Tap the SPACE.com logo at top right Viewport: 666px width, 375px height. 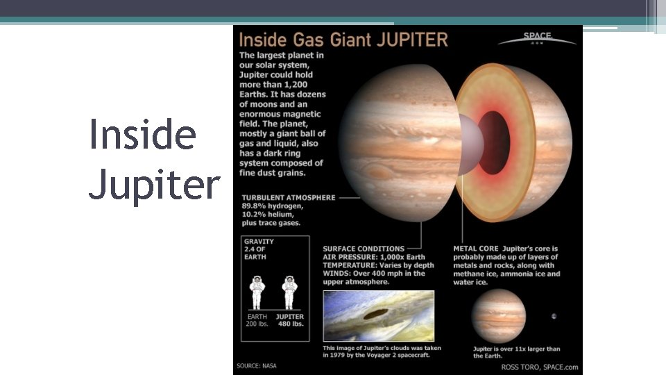click(x=537, y=38)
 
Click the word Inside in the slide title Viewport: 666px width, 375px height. click(x=142, y=135)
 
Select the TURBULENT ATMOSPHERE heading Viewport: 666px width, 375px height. click(x=288, y=198)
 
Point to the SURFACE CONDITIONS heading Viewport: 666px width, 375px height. click(x=364, y=249)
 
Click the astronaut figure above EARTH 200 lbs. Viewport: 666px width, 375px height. click(x=257, y=292)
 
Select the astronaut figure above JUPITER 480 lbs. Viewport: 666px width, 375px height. click(x=289, y=292)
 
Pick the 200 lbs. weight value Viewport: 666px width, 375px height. click(x=257, y=324)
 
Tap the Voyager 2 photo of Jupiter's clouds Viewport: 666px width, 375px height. click(x=378, y=316)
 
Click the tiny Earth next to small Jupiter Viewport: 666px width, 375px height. click(x=554, y=316)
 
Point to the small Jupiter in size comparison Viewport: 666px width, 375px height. click(x=498, y=316)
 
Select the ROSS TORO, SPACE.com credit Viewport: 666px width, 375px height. click(x=539, y=367)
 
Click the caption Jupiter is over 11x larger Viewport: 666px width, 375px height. click(x=516, y=349)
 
